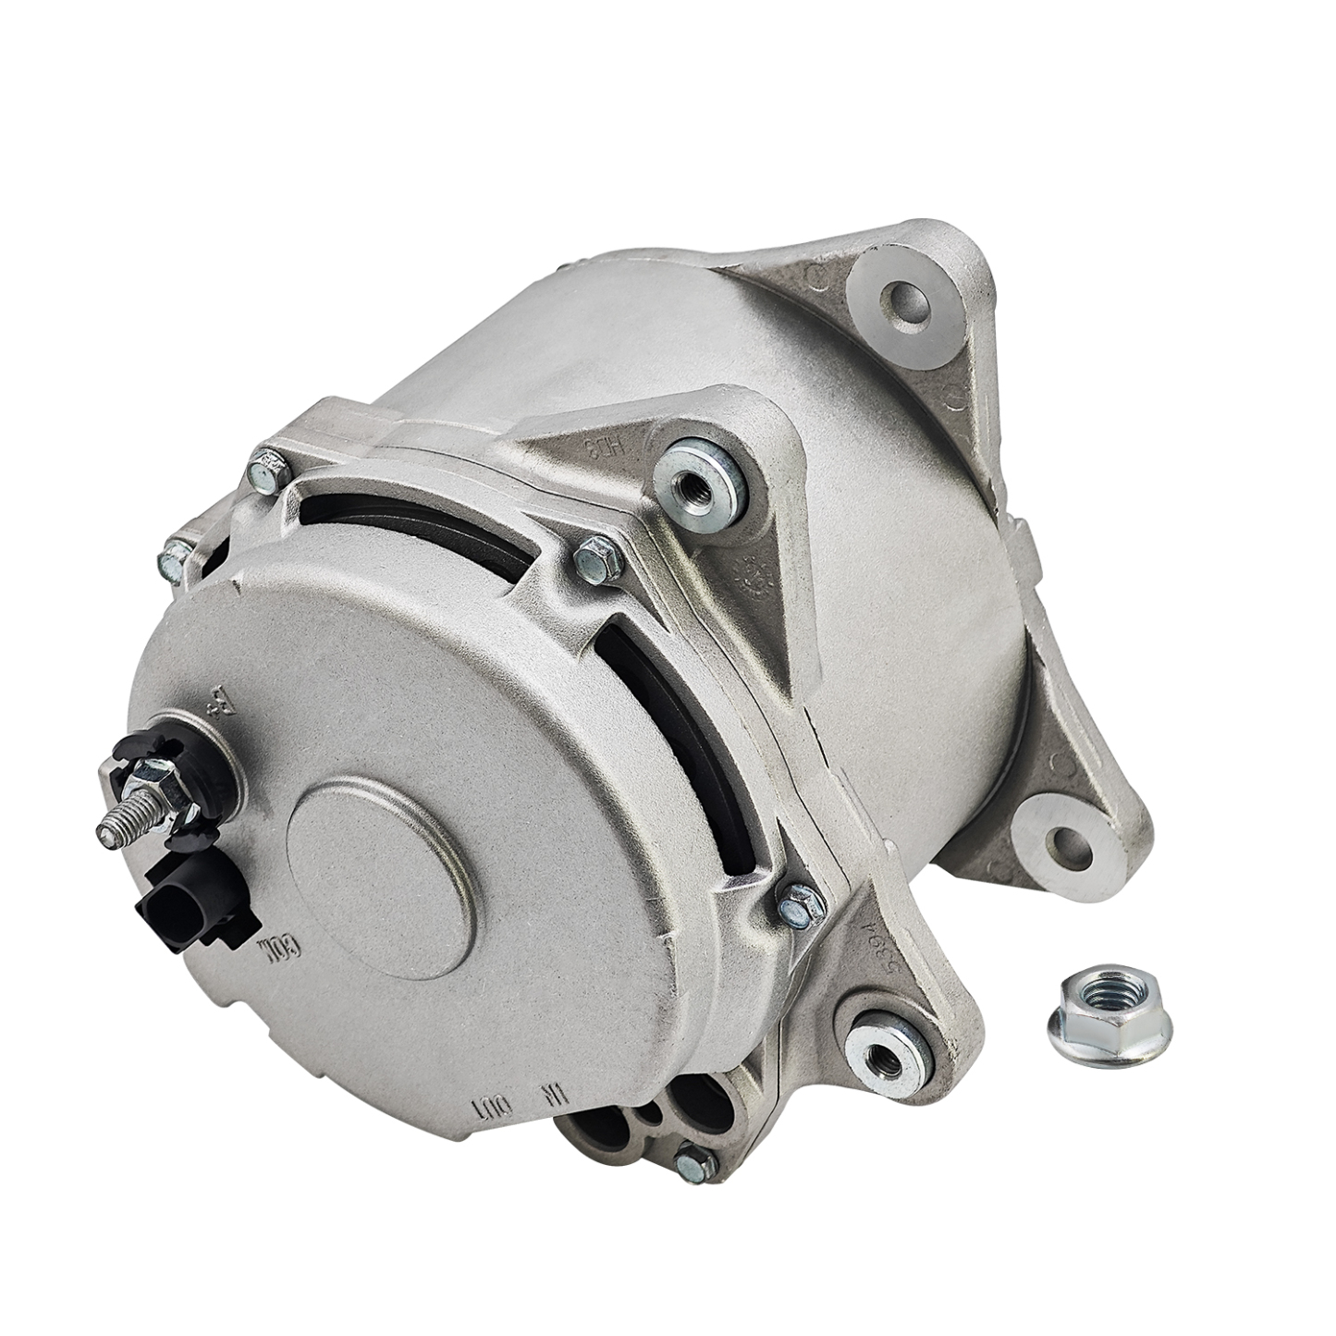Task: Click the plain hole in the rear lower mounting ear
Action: coord(1060,843)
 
